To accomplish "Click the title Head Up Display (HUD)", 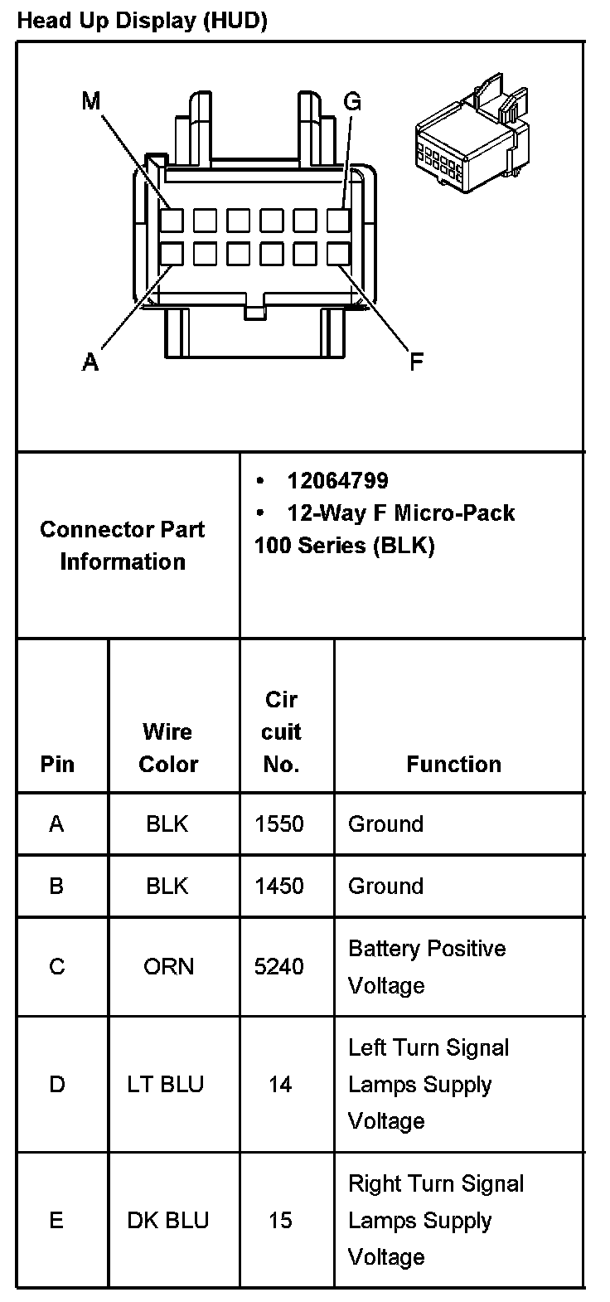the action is pos(142,22).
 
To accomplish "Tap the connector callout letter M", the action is pos(91,101).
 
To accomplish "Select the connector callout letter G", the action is pos(352,102).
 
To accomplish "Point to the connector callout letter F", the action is pos(417,361).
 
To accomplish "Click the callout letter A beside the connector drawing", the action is pos(91,362).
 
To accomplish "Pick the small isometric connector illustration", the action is pos(470,137).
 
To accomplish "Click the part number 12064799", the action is pos(337,481).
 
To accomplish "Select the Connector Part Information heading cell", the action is pos(123,545).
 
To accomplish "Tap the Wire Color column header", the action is pos(168,747).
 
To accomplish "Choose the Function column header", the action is pos(453,764).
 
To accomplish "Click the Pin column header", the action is pos(57,764).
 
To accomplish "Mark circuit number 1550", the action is pos(279,824).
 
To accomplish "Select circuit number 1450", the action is pos(279,886).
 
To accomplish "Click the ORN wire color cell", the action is pos(168,967).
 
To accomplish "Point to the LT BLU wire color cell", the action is pos(166,1085).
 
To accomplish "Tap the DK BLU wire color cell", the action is pos(167,1221).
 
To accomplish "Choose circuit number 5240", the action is pos(279,967).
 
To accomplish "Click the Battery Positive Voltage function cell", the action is pos(427,967).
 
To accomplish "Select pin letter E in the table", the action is pos(56,1221).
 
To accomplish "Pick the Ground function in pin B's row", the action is pos(385,886).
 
